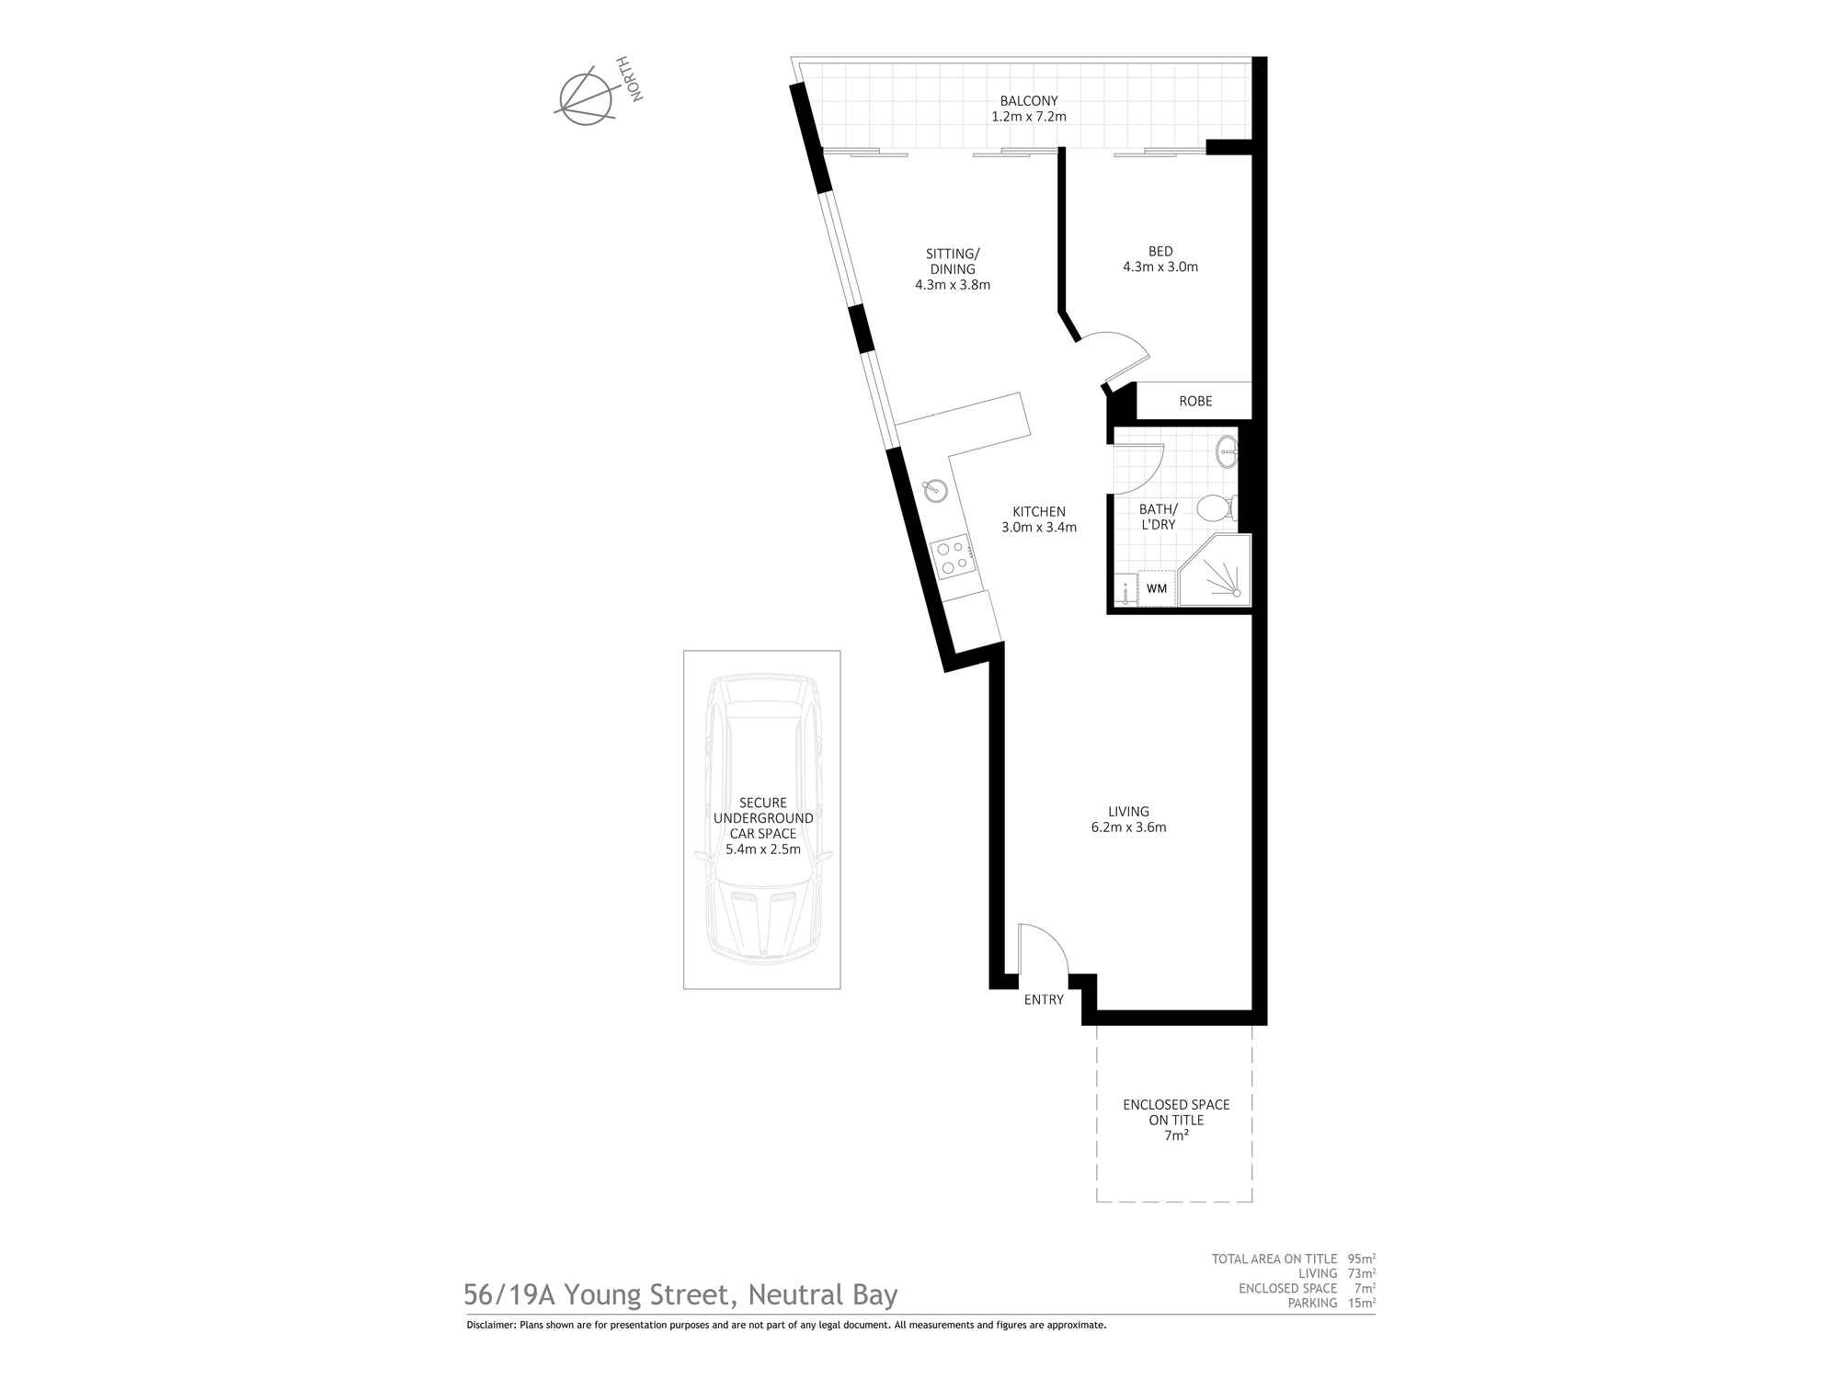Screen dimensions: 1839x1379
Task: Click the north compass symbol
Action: click(x=587, y=96)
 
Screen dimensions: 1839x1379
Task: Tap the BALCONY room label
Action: click(x=1029, y=101)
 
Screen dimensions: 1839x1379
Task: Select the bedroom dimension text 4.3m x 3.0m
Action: click(x=1160, y=268)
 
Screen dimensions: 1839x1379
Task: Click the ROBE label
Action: click(x=1195, y=401)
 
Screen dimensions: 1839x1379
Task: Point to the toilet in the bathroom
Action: click(x=1216, y=507)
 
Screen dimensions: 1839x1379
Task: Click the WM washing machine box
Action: click(x=1157, y=588)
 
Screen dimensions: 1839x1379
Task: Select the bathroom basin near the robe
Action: click(x=1227, y=450)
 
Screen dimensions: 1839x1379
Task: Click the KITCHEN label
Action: click(x=1039, y=512)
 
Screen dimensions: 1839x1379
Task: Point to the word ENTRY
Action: click(x=1044, y=999)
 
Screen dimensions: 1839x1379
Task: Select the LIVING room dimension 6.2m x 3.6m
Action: click(x=1128, y=827)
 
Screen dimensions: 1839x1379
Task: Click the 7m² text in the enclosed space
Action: click(x=1176, y=1135)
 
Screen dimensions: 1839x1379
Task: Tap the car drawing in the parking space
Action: click(x=762, y=819)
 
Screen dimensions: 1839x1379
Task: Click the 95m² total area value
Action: click(x=1362, y=1259)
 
